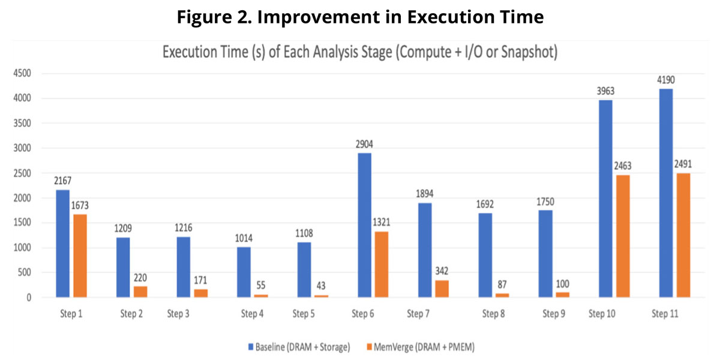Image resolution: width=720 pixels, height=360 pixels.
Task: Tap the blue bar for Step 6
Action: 364,225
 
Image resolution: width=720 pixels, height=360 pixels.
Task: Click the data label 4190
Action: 665,80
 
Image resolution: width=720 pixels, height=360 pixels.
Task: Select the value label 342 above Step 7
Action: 441,271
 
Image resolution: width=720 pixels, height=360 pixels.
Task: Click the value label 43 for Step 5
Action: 322,286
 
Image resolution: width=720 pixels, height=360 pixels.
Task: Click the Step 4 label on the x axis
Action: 252,314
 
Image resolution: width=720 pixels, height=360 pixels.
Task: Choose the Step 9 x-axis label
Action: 554,314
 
